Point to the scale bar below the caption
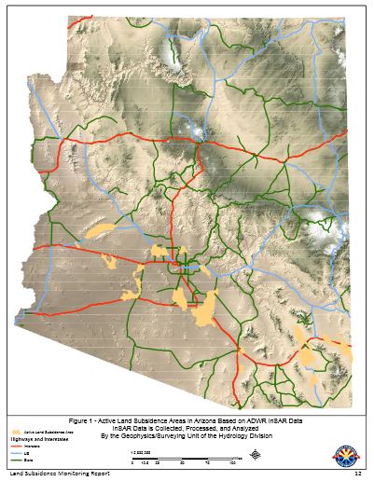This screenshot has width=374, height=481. click(187, 457)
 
